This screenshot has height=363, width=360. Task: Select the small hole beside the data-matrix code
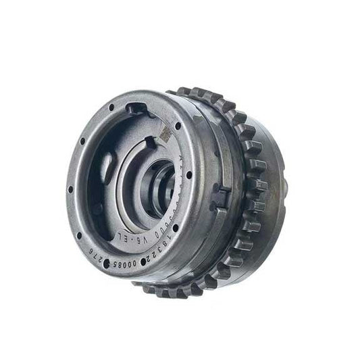[177, 126]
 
